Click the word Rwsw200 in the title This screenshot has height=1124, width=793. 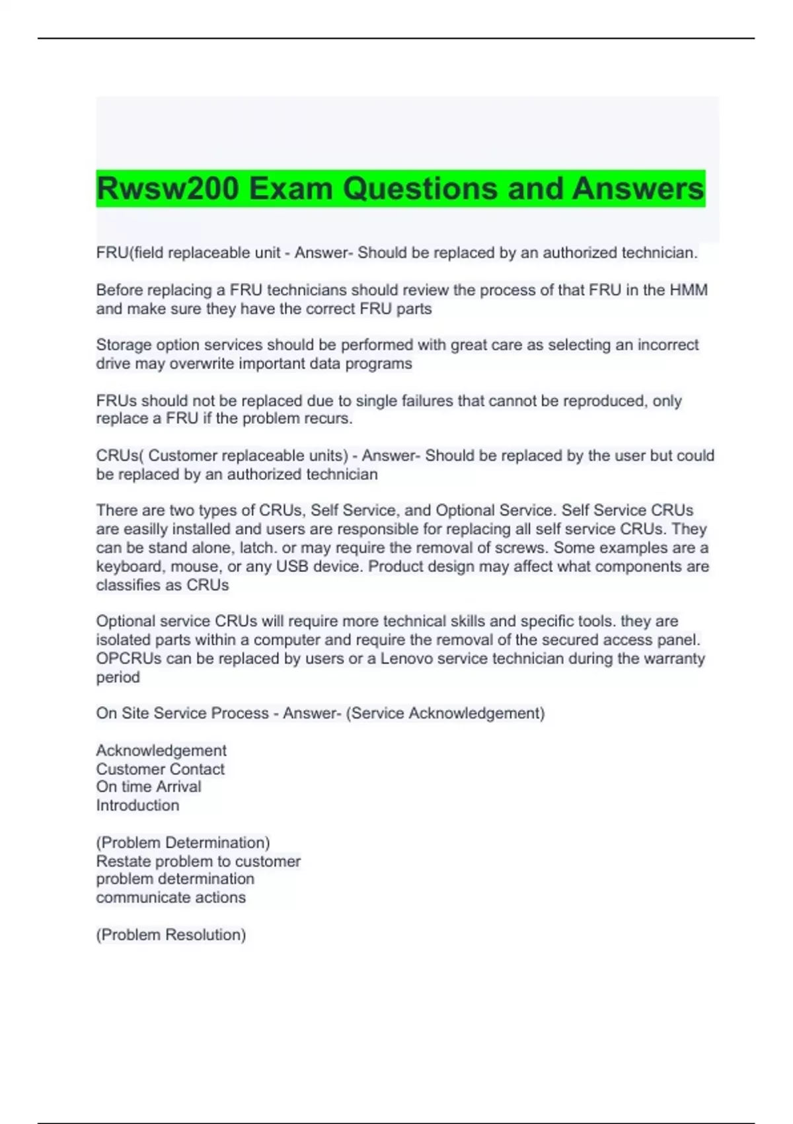(x=168, y=188)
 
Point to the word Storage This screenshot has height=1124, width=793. (x=122, y=345)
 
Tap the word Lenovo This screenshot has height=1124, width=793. (x=406, y=659)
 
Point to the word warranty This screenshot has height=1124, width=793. (x=672, y=659)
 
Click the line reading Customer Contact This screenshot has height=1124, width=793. (x=160, y=769)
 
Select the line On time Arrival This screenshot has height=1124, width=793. (x=149, y=787)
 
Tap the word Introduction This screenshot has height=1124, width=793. (x=137, y=805)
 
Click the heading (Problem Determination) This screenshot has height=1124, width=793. (x=183, y=842)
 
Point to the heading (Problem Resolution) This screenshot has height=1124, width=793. (x=171, y=935)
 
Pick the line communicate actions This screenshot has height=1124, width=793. (x=170, y=897)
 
